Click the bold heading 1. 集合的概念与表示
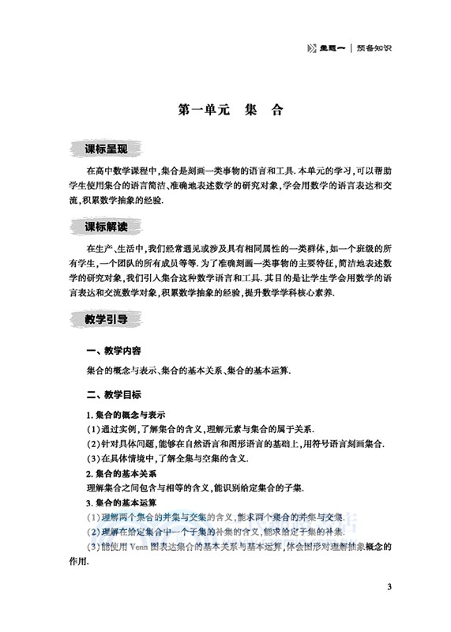pos(126,415)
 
